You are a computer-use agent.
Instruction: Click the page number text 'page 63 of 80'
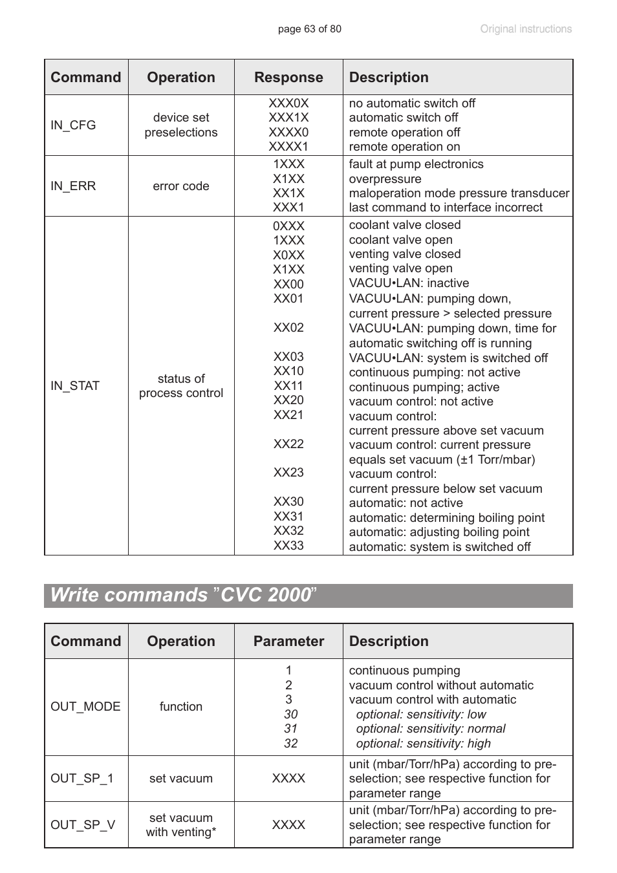tap(309, 29)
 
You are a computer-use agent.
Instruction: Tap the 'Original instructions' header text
tap(525, 29)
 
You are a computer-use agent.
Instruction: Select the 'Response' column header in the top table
tap(288, 78)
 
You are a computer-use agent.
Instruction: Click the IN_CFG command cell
tap(73, 125)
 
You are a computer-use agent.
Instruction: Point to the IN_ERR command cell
tap(73, 186)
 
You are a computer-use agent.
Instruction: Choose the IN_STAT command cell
tap(75, 386)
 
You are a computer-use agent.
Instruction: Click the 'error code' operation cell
tap(181, 186)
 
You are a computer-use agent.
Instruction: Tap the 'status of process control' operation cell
tap(181, 386)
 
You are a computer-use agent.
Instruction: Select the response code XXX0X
tap(288, 103)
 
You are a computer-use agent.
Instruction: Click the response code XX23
tap(288, 473)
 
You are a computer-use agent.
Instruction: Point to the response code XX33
tap(288, 546)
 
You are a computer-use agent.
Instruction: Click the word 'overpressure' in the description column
tap(385, 179)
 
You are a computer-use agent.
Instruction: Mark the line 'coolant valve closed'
tap(405, 225)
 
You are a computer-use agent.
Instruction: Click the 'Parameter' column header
tap(288, 641)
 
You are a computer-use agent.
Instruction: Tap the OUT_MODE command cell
tap(85, 707)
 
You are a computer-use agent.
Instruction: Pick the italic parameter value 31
tap(291, 729)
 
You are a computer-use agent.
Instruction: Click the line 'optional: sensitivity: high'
tap(423, 744)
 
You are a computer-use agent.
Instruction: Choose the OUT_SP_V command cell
tap(83, 825)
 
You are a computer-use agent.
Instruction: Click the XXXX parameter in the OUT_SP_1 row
tap(288, 779)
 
